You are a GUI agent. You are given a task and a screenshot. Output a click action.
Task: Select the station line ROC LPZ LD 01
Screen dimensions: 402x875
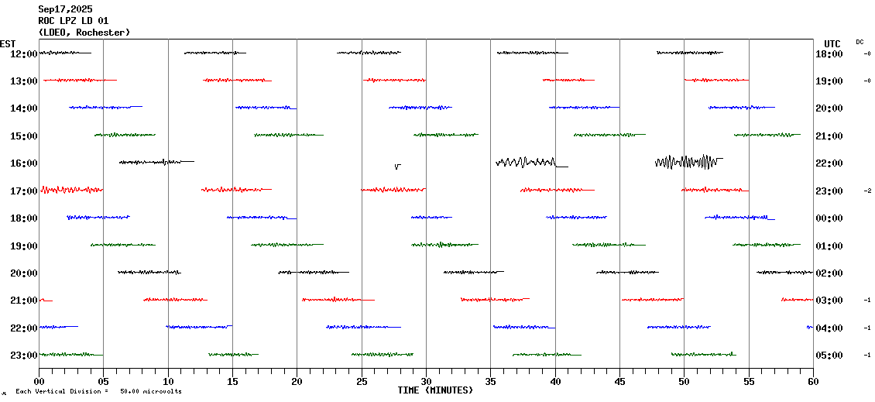pos(74,21)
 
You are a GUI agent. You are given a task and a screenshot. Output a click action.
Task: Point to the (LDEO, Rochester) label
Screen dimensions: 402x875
pos(84,33)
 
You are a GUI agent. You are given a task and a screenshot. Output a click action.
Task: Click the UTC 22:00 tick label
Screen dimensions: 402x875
pos(829,163)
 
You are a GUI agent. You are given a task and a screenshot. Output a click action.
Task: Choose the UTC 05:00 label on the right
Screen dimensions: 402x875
pos(829,356)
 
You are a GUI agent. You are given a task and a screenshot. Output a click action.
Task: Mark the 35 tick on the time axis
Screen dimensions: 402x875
pos(490,380)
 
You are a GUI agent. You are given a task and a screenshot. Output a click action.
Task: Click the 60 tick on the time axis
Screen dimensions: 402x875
pos(812,380)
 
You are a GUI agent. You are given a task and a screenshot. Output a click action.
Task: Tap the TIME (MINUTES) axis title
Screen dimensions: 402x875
pos(435,390)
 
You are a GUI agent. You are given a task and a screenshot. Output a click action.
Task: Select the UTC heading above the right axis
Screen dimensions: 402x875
pos(832,43)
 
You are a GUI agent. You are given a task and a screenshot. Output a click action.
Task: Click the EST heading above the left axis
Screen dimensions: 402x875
pos(8,43)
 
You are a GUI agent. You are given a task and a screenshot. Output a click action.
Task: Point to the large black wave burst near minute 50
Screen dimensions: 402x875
pos(687,162)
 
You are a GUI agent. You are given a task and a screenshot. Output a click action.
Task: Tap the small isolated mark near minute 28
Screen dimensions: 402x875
pos(397,166)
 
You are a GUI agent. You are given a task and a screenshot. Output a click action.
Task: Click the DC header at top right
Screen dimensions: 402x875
pos(860,42)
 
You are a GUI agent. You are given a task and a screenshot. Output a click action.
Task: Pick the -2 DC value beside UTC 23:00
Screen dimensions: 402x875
pos(867,191)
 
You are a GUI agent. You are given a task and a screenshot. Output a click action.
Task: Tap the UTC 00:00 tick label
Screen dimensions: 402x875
pos(829,218)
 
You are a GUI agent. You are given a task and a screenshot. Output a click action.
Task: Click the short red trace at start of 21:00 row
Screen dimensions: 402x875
pos(46,300)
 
